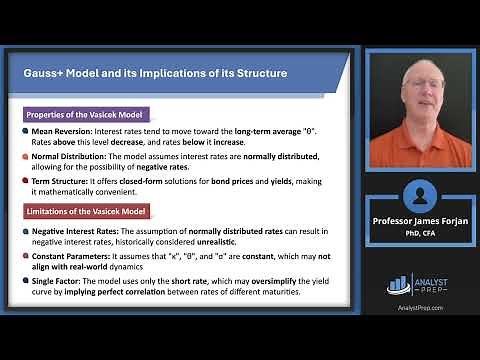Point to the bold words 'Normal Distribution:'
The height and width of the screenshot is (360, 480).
pos(70,158)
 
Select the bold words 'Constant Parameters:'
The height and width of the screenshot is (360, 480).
pos(70,256)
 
